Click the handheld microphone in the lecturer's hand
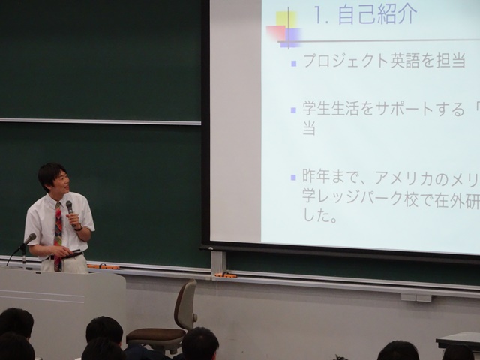[x=70, y=211]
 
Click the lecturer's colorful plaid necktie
[x=58, y=235]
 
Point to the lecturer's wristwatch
[x=79, y=228]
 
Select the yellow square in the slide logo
[x=286, y=19]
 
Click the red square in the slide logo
[x=276, y=33]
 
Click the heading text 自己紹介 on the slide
[x=377, y=14]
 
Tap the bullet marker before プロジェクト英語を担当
[x=294, y=64]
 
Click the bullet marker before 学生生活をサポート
[x=293, y=110]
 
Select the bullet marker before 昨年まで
[x=293, y=178]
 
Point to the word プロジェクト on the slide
[x=346, y=61]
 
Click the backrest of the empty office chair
[x=185, y=304]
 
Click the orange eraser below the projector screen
[x=226, y=275]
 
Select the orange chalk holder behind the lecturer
[x=103, y=267]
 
